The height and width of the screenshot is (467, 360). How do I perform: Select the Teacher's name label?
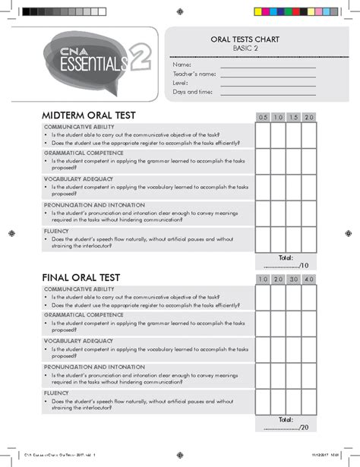coord(194,74)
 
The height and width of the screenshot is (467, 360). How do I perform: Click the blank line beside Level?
coord(267,84)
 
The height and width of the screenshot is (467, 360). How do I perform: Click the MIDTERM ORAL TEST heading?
coord(89,115)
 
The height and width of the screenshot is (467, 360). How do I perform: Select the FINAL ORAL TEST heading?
coord(82,278)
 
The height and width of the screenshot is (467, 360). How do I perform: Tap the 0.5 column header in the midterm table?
coord(263,117)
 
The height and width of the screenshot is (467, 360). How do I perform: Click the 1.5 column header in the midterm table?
coord(293,117)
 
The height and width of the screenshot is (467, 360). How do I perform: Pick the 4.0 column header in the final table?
coord(308,279)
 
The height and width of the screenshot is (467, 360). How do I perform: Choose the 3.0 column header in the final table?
coord(293,279)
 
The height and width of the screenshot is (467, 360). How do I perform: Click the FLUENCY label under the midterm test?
coord(57,230)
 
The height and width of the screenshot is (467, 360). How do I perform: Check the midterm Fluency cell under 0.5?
coord(263,238)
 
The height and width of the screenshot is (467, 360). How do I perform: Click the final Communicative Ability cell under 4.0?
coord(308,297)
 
